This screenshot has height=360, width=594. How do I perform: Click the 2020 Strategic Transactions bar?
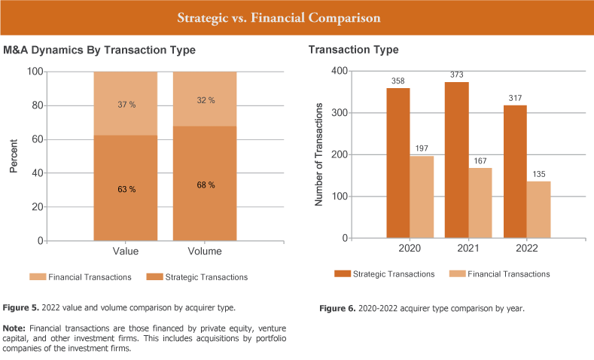pyautogui.click(x=398, y=163)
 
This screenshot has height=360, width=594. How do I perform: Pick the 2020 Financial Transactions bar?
pyautogui.click(x=421, y=197)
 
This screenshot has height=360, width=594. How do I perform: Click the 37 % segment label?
pyautogui.click(x=126, y=105)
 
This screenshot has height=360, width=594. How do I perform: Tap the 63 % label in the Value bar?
pyautogui.click(x=126, y=188)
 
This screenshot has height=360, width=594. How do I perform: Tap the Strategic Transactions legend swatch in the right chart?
pyautogui.click(x=342, y=273)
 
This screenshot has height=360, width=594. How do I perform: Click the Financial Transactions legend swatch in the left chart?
pyautogui.click(x=38, y=277)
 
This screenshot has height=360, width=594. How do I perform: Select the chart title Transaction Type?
pyautogui.click(x=353, y=50)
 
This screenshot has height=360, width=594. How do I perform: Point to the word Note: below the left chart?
pyautogui.click(x=17, y=329)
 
